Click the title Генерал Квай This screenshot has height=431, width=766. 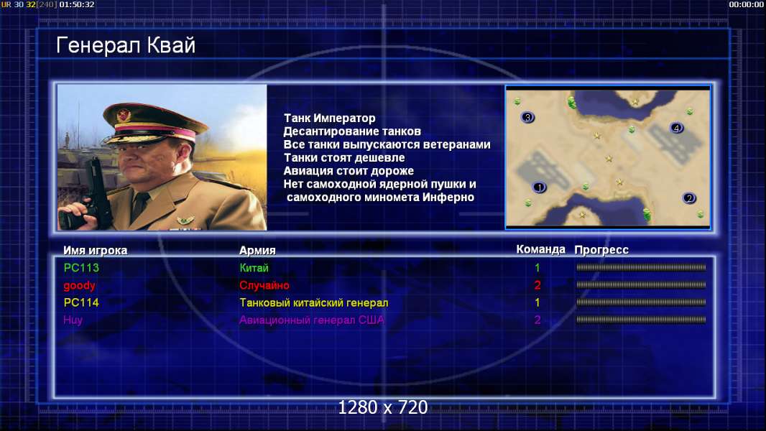point(126,45)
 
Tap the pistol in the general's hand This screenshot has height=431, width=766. point(96,195)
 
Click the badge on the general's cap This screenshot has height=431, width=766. point(124,115)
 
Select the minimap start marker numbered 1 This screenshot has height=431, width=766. point(540,187)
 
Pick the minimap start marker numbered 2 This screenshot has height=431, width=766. point(689,198)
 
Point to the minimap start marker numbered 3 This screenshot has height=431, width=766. point(527,117)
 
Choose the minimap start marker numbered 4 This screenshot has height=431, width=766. point(676,128)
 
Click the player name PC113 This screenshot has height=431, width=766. point(81,267)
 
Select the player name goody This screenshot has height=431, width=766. point(79,286)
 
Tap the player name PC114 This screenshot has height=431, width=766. point(81,302)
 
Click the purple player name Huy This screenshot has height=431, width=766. point(73,320)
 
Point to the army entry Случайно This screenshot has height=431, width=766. point(264,286)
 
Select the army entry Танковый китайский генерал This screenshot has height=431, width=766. point(313,302)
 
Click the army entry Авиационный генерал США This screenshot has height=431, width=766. point(311,320)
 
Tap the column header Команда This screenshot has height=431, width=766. point(540,249)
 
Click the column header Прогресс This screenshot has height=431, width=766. point(601,250)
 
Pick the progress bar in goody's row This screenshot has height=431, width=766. point(641,284)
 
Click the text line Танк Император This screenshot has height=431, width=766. point(330,118)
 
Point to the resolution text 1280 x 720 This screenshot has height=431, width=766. point(383,407)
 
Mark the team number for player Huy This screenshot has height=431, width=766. point(537,320)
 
